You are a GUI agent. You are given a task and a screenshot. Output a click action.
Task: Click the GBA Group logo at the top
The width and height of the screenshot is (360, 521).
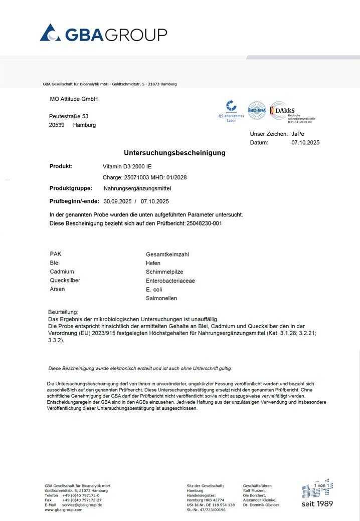point(103,34)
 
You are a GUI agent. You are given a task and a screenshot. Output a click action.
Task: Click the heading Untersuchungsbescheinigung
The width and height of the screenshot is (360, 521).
point(174,153)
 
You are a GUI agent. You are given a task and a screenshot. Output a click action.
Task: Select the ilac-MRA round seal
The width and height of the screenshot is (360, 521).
point(256,110)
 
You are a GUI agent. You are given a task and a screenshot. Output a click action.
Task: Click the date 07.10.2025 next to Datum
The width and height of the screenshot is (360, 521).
point(305,143)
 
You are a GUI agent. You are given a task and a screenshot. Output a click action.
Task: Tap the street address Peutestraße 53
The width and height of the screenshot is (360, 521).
point(69,116)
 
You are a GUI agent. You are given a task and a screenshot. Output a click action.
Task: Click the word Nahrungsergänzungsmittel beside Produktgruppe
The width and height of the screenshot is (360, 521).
point(137,188)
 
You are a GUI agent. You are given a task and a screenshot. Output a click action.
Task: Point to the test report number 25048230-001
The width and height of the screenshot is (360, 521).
point(204,223)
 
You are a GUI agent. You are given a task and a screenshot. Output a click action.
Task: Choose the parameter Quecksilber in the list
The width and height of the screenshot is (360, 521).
point(65,281)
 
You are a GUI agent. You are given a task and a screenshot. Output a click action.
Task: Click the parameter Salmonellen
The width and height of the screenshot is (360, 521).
point(161,298)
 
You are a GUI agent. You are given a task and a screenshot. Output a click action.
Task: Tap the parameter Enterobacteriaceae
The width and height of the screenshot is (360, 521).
point(170,281)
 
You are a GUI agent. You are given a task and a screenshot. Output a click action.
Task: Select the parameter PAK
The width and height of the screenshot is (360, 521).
point(56,254)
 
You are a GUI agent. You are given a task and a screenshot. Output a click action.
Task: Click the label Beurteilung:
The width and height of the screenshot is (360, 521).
point(63,312)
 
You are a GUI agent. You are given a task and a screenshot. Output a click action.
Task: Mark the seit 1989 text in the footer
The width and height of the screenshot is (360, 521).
point(317,503)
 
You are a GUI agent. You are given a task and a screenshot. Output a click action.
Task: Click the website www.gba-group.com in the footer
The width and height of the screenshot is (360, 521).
point(63,509)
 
